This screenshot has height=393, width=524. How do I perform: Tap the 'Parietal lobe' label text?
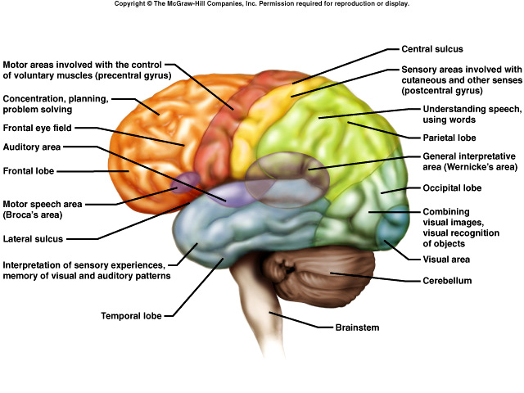click(449, 138)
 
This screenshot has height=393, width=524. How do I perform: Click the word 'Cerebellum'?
click(449, 280)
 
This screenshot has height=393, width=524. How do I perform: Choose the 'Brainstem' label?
click(358, 327)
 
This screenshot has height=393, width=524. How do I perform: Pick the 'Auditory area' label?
click(35, 147)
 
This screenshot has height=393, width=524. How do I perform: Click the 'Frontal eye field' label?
click(38, 128)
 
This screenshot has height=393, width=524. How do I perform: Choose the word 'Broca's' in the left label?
click(26, 215)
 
